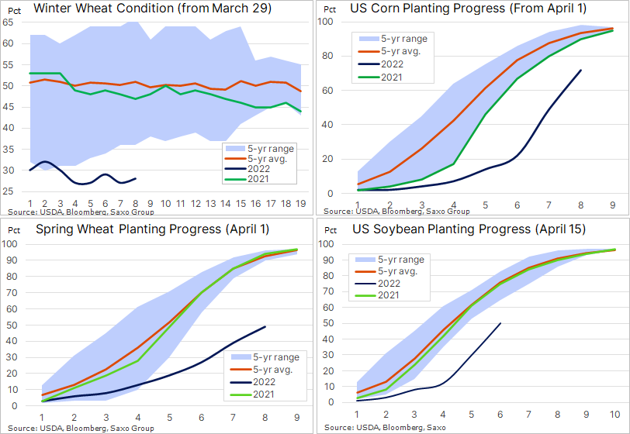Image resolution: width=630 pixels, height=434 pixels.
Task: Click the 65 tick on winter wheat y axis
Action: [x=9, y=22]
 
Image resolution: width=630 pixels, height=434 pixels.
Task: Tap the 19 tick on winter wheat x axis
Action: [x=299, y=202]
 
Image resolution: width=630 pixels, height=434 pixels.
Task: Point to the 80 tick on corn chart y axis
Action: [x=327, y=56]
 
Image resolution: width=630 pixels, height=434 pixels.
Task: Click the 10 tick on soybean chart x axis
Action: [x=615, y=415]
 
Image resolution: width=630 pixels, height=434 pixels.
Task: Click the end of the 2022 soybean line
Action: [x=500, y=323]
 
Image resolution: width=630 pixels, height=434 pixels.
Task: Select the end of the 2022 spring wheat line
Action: [x=266, y=326]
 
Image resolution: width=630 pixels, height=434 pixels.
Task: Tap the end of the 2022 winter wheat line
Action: [x=137, y=178]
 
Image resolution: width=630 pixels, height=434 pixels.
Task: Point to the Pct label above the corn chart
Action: [x=329, y=9]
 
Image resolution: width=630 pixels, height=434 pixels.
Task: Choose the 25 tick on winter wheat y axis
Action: [x=9, y=191]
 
